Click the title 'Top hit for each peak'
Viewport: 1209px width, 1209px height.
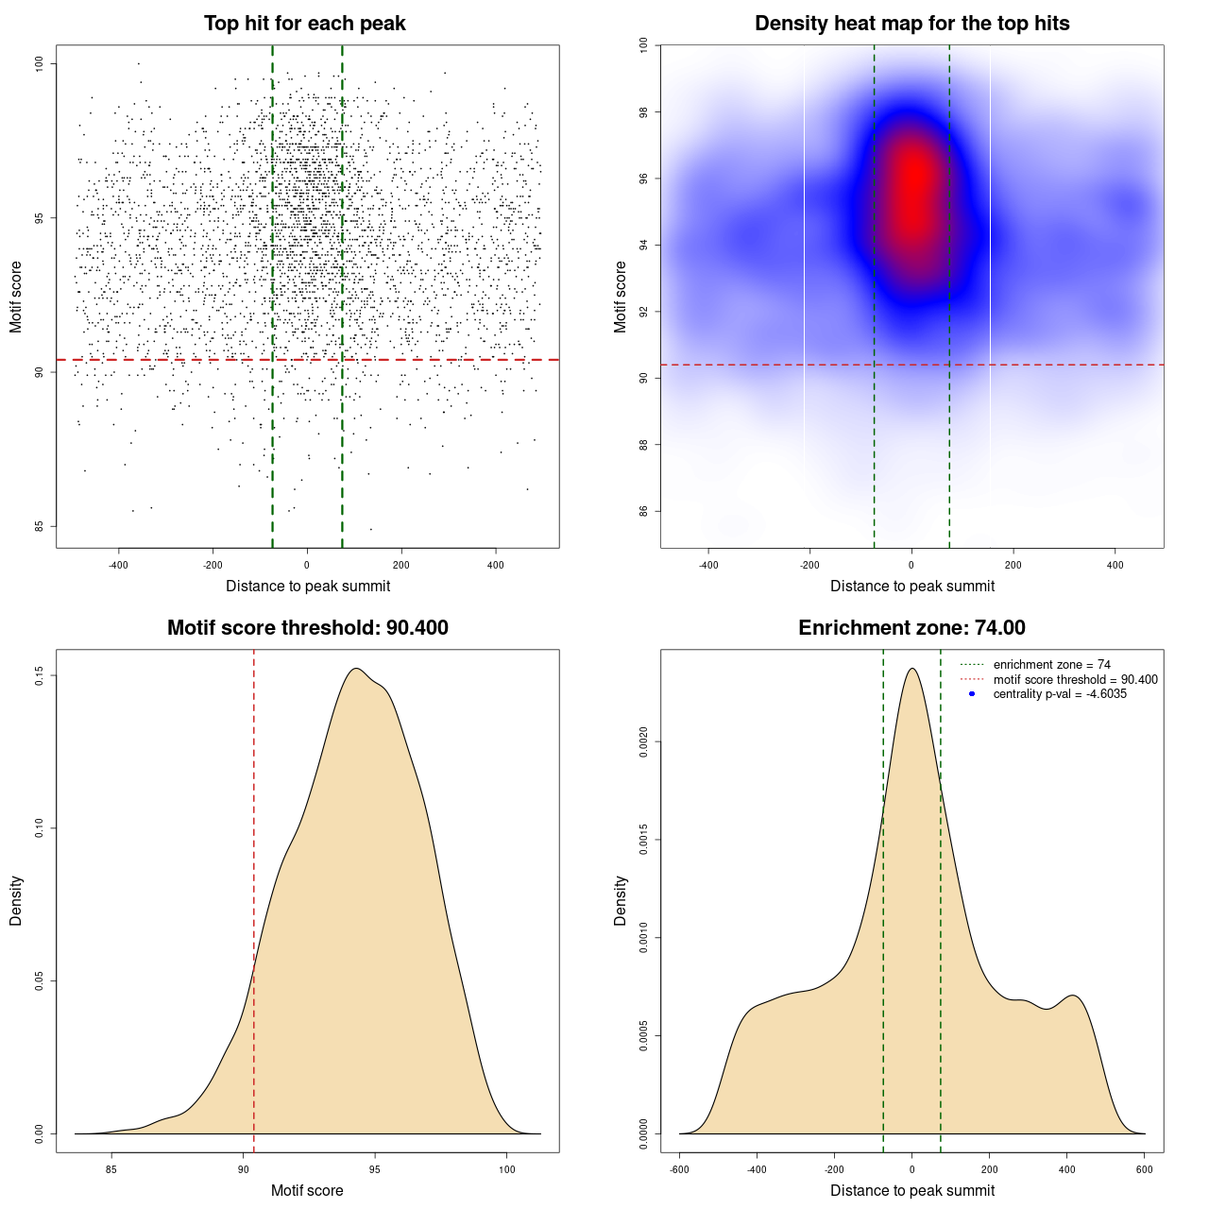(x=304, y=24)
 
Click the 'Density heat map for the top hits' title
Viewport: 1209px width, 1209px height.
(x=911, y=24)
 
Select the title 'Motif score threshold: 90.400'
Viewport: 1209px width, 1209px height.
(x=307, y=628)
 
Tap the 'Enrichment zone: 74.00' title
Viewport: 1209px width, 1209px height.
(x=911, y=628)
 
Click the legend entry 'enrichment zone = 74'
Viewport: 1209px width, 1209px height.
(x=1051, y=665)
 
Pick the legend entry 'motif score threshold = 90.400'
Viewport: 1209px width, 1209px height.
(x=1075, y=679)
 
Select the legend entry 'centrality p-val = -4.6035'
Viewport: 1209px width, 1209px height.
(x=1060, y=694)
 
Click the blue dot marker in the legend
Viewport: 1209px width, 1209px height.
(x=972, y=694)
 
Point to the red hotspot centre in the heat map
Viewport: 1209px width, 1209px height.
(x=913, y=184)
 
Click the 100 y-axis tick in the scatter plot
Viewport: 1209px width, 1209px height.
(x=40, y=63)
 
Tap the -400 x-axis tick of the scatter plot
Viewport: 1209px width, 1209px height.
(x=118, y=565)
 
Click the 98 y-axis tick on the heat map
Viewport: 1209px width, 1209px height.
(x=644, y=112)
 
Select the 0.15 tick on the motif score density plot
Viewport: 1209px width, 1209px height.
(x=40, y=675)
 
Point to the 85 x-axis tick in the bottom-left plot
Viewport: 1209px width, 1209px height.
(x=111, y=1169)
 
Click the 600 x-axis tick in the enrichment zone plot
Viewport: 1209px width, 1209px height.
(x=1145, y=1169)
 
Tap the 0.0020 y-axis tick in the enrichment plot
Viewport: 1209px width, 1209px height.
(x=644, y=742)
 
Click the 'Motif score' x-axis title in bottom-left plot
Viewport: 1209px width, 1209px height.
(x=307, y=1190)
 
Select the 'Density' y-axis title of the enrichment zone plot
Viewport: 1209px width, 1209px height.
(x=621, y=900)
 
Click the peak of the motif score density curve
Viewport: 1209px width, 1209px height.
(x=356, y=669)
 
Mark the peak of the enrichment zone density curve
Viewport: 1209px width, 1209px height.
(x=911, y=669)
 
